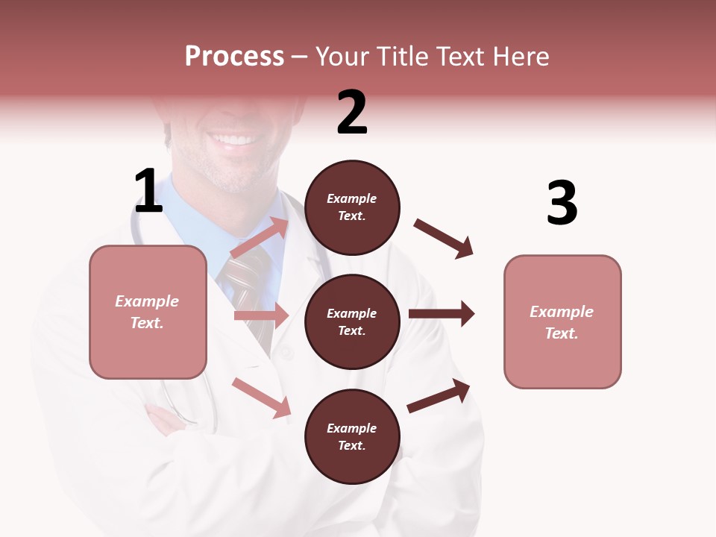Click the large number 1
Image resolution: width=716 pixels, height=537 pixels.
[148, 192]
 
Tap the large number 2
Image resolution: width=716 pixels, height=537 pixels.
[352, 113]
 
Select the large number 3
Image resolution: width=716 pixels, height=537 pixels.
[562, 204]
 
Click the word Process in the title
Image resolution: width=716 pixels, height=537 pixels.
[234, 56]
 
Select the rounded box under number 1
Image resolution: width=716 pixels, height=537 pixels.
[148, 312]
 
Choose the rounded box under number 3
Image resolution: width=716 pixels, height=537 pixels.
[562, 321]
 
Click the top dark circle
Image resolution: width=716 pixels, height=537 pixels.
[352, 207]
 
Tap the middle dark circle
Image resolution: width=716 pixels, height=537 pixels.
[352, 321]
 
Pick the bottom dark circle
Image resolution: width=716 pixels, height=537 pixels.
[352, 436]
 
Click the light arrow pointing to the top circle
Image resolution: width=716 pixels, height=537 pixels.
[260, 238]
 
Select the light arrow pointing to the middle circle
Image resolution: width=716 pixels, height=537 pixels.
[261, 315]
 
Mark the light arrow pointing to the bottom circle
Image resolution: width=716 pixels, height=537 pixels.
[262, 398]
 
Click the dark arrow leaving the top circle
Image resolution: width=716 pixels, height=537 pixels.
[444, 239]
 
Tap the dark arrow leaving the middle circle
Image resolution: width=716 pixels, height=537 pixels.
[442, 314]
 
